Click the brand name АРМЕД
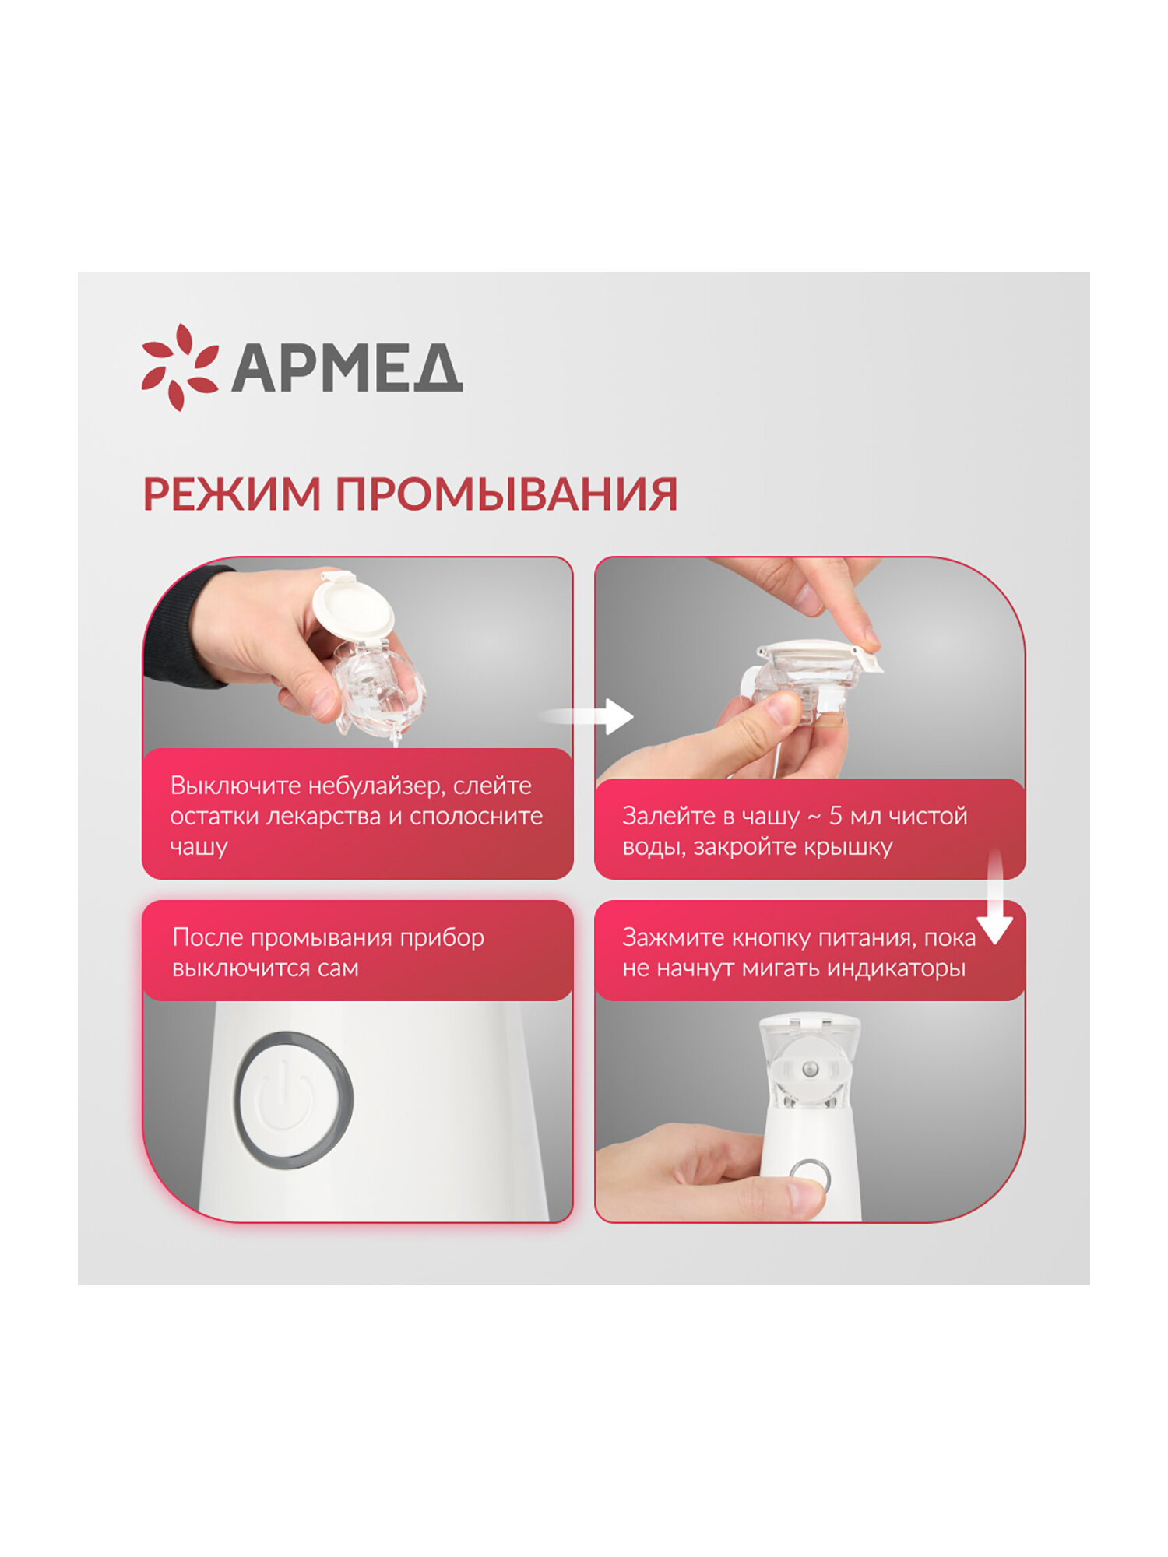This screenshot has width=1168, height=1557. coord(347,368)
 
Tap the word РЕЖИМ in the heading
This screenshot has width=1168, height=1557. coord(231,494)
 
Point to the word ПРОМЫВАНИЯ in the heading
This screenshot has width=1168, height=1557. coord(506,494)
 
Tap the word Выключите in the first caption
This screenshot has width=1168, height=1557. coord(235,786)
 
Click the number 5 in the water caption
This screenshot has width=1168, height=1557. coord(835,816)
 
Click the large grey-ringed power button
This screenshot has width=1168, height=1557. coord(294,1100)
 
